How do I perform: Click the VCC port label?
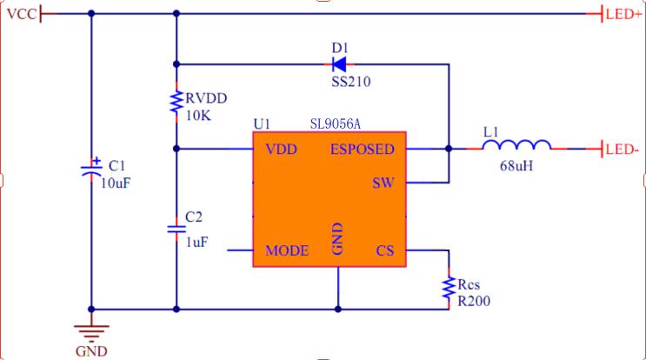click(22, 13)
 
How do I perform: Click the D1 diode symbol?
click(338, 63)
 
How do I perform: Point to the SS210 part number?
click(339, 83)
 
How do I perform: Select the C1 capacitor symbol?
click(90, 168)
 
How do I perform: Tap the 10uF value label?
click(118, 183)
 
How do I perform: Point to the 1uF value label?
click(196, 243)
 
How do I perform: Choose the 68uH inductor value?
click(516, 165)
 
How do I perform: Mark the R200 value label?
click(474, 302)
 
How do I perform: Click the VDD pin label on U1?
click(281, 149)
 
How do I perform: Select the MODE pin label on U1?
click(287, 250)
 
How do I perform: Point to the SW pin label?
click(383, 183)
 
